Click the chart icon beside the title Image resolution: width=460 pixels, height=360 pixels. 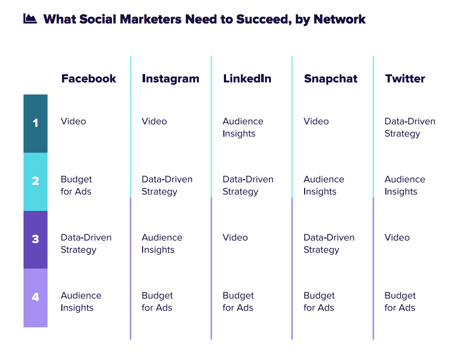pyautogui.click(x=30, y=18)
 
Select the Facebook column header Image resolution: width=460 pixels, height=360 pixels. pyautogui.click(x=88, y=79)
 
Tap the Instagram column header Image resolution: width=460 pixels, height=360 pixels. pyautogui.click(x=170, y=79)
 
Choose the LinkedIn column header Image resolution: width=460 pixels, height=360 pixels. pyautogui.click(x=247, y=79)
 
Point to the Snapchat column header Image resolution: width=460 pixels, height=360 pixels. pyautogui.click(x=331, y=79)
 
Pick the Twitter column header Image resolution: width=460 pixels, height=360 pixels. pyautogui.click(x=405, y=79)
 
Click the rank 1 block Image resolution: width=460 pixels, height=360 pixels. pyautogui.click(x=35, y=124)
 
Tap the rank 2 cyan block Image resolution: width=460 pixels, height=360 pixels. pyautogui.click(x=35, y=182)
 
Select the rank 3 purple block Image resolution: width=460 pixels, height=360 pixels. pyautogui.click(x=35, y=240)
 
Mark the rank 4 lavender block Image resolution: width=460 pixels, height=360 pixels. pyautogui.click(x=35, y=298)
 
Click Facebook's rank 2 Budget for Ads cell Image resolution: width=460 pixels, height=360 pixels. pyautogui.click(x=76, y=185)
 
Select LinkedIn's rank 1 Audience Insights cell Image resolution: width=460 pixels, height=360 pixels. pyautogui.click(x=243, y=127)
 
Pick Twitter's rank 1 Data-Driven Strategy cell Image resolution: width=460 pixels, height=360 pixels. pyautogui.click(x=410, y=127)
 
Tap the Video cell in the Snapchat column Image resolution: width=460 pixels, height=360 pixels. pyautogui.click(x=316, y=122)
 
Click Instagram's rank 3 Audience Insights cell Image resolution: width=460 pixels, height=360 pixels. pyautogui.click(x=162, y=244)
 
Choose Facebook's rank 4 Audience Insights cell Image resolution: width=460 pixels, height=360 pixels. pyautogui.click(x=81, y=301)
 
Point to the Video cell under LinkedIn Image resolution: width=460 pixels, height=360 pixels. pyautogui.click(x=235, y=237)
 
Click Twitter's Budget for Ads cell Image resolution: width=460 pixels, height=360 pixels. pyautogui.click(x=400, y=301)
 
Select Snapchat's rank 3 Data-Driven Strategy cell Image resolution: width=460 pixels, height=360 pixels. pyautogui.click(x=329, y=244)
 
